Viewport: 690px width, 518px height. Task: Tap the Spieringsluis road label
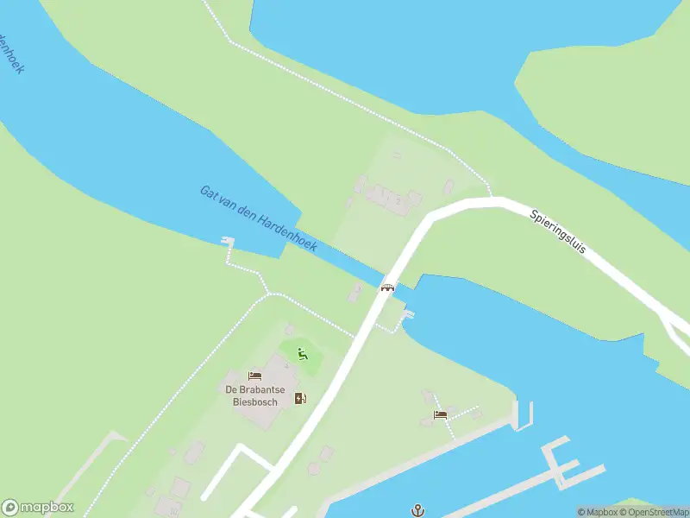tap(558, 233)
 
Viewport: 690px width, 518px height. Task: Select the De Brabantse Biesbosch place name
tap(254, 394)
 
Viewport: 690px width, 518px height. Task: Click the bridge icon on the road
tap(388, 287)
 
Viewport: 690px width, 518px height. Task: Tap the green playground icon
tap(302, 352)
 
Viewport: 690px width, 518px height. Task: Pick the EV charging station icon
tap(300, 397)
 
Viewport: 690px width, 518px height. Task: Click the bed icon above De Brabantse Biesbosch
tap(254, 376)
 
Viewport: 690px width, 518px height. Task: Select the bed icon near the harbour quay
tap(440, 415)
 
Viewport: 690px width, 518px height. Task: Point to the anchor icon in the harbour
tap(418, 510)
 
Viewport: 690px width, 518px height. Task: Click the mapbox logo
tap(38, 508)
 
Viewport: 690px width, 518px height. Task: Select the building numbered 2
tap(398, 200)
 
